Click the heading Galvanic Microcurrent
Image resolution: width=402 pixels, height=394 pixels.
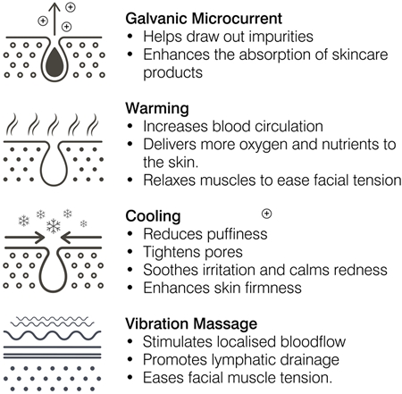(x=204, y=19)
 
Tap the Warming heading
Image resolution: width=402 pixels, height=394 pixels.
(x=157, y=108)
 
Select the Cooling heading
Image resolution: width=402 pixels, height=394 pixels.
(x=153, y=216)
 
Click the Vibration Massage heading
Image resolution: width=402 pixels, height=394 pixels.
(x=191, y=323)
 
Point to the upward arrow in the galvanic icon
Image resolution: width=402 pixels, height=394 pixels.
(x=54, y=19)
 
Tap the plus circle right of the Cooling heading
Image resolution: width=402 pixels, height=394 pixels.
(x=266, y=214)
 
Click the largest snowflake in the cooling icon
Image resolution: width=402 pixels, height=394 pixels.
(x=54, y=226)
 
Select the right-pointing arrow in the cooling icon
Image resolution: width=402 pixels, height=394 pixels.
(x=25, y=238)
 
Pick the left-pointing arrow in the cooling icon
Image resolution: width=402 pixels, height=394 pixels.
(x=81, y=238)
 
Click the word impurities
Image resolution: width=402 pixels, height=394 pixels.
(x=281, y=37)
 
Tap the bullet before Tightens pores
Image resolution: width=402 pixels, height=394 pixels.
(x=130, y=252)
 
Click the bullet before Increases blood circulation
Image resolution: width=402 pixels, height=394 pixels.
(x=130, y=126)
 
